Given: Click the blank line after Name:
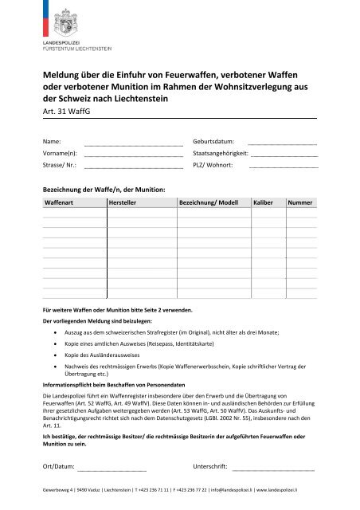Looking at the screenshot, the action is [133, 144].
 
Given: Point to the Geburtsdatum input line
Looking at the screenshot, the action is [283, 144].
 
